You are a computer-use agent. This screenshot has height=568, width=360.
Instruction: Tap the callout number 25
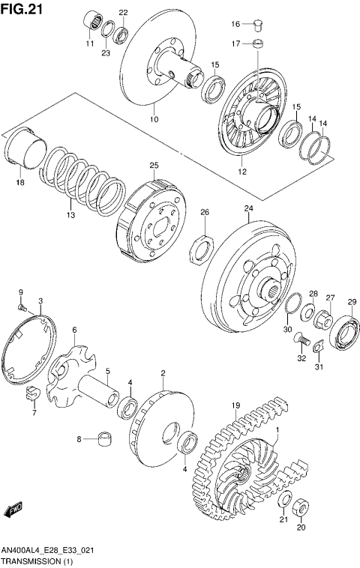tap(154, 165)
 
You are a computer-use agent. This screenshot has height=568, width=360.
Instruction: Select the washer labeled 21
tap(286, 501)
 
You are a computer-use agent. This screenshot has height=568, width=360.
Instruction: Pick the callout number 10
tap(154, 118)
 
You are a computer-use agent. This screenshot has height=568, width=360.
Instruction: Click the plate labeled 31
tap(318, 346)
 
